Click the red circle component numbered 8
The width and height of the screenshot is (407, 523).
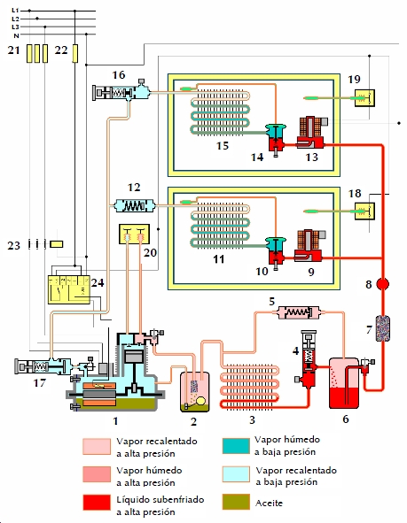pyautogui.click(x=382, y=284)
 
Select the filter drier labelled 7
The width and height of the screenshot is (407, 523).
pyautogui.click(x=382, y=328)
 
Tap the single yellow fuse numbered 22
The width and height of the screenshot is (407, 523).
pyautogui.click(x=75, y=53)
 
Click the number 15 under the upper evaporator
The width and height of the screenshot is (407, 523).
pyautogui.click(x=223, y=146)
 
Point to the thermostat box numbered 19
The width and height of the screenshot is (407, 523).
pyautogui.click(x=364, y=98)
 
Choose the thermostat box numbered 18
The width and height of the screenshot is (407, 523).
pyautogui.click(x=364, y=212)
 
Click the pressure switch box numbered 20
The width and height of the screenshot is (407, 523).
pyautogui.click(x=134, y=235)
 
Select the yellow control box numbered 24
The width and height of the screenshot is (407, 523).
pyautogui.click(x=69, y=289)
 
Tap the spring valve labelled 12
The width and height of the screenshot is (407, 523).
pyautogui.click(x=135, y=206)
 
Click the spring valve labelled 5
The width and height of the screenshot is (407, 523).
pyautogui.click(x=299, y=312)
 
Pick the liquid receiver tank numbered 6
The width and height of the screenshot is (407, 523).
pyautogui.click(x=344, y=383)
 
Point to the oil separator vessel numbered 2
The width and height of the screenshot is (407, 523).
pyautogui.click(x=195, y=392)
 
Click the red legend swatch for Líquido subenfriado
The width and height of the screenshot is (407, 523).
pyautogui.click(x=97, y=503)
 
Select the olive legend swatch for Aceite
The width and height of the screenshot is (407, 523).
pyautogui.click(x=236, y=502)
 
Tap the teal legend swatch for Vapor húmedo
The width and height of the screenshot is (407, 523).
pyautogui.click(x=236, y=446)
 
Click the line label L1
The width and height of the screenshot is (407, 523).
pyautogui.click(x=15, y=11)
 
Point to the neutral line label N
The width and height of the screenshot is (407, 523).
pyautogui.click(x=16, y=35)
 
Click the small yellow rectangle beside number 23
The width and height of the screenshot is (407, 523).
pyautogui.click(x=56, y=244)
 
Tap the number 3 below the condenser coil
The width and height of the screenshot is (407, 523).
pyautogui.click(x=253, y=419)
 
